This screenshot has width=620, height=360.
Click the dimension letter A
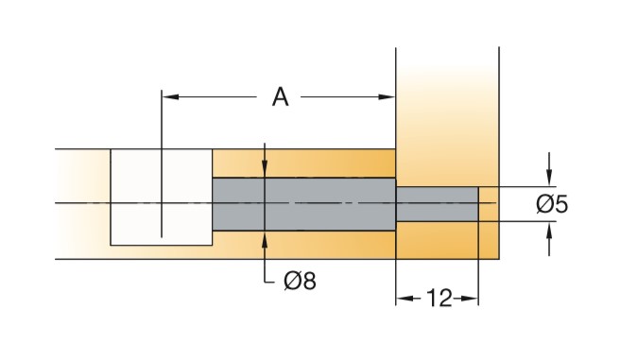pyautogui.click(x=281, y=97)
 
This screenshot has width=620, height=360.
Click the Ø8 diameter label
pyautogui.click(x=301, y=282)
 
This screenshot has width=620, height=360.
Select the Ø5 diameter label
pyautogui.click(x=552, y=204)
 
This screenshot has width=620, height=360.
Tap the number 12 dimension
pyautogui.click(x=439, y=298)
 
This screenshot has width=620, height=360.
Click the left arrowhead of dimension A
pyautogui.click(x=170, y=96)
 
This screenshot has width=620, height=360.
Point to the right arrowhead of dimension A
pyautogui.click(x=387, y=96)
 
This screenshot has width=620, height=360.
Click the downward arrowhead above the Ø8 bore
pyautogui.click(x=265, y=169)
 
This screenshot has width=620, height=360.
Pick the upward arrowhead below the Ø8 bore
pyautogui.click(x=265, y=239)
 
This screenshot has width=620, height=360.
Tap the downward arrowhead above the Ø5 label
pyautogui.click(x=549, y=178)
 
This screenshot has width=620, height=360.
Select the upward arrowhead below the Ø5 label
pyautogui.click(x=549, y=231)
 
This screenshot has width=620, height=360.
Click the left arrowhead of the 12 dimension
pyautogui.click(x=405, y=299)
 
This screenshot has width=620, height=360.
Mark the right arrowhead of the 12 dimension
pyautogui.click(x=470, y=299)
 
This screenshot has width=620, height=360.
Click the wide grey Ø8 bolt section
pyautogui.click(x=304, y=204)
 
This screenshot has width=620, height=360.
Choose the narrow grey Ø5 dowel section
pyautogui.click(x=437, y=204)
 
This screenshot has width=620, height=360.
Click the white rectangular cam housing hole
pyautogui.click(x=162, y=197)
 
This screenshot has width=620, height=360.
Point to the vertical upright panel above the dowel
pyautogui.click(x=447, y=117)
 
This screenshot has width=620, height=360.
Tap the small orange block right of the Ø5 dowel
pyautogui.click(x=489, y=223)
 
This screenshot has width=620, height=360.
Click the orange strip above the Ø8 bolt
pyautogui.click(x=304, y=163)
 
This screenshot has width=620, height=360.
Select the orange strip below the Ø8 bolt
pyautogui.click(x=304, y=245)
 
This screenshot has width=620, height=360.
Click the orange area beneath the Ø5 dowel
pyautogui.click(x=437, y=240)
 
